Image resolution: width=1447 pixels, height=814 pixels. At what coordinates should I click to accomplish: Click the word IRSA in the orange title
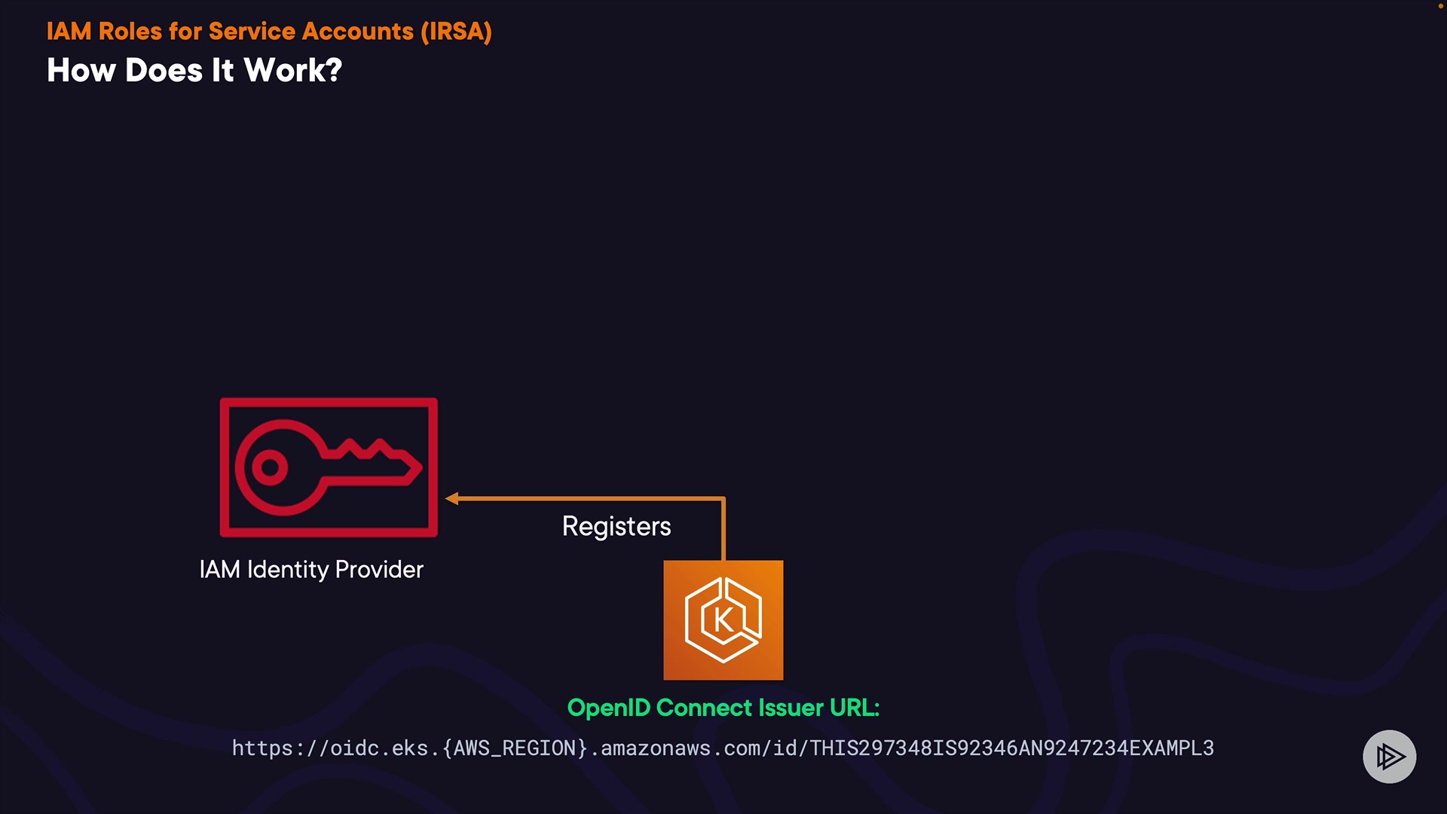[456, 32]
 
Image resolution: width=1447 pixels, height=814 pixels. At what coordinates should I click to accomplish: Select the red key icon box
[329, 467]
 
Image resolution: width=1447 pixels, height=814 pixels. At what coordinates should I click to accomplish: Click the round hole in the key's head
[269, 467]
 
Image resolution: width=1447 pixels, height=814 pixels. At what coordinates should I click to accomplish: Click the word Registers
[616, 526]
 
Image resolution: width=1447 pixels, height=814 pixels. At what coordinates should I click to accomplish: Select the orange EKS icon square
[723, 620]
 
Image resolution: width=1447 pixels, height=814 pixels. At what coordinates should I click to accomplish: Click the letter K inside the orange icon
[723, 620]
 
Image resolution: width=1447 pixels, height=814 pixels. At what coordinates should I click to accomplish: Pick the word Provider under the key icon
[379, 569]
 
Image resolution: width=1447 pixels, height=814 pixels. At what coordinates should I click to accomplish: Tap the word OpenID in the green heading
[608, 708]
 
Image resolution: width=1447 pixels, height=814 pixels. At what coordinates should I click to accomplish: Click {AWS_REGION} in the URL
[515, 748]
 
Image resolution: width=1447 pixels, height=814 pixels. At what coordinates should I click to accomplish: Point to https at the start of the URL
[262, 748]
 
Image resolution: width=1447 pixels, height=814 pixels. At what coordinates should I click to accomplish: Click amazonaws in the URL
[655, 748]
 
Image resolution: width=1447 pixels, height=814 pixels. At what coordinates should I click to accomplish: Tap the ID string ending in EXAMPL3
[1011, 748]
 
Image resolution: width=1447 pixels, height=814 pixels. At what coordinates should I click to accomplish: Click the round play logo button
[1389, 756]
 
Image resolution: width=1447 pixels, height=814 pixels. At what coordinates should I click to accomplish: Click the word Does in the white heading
[164, 71]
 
